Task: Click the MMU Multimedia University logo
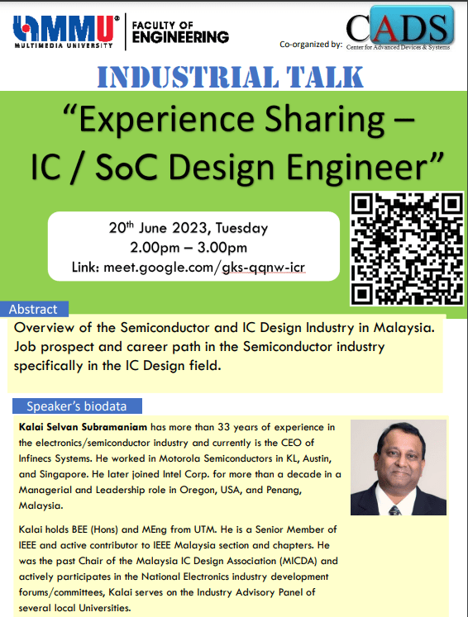(x=66, y=31)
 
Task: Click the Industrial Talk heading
(x=230, y=77)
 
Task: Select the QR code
(x=407, y=249)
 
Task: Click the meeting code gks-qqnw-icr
(x=264, y=268)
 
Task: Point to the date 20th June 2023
(x=158, y=228)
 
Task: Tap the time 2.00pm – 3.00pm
(x=189, y=248)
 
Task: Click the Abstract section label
(x=34, y=309)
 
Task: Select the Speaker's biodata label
(x=77, y=406)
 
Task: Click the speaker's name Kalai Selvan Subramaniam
(x=83, y=427)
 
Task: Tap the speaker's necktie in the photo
(x=394, y=510)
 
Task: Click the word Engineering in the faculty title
(x=180, y=37)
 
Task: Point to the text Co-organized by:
(x=311, y=44)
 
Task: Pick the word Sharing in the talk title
(x=324, y=120)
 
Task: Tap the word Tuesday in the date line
(x=241, y=228)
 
